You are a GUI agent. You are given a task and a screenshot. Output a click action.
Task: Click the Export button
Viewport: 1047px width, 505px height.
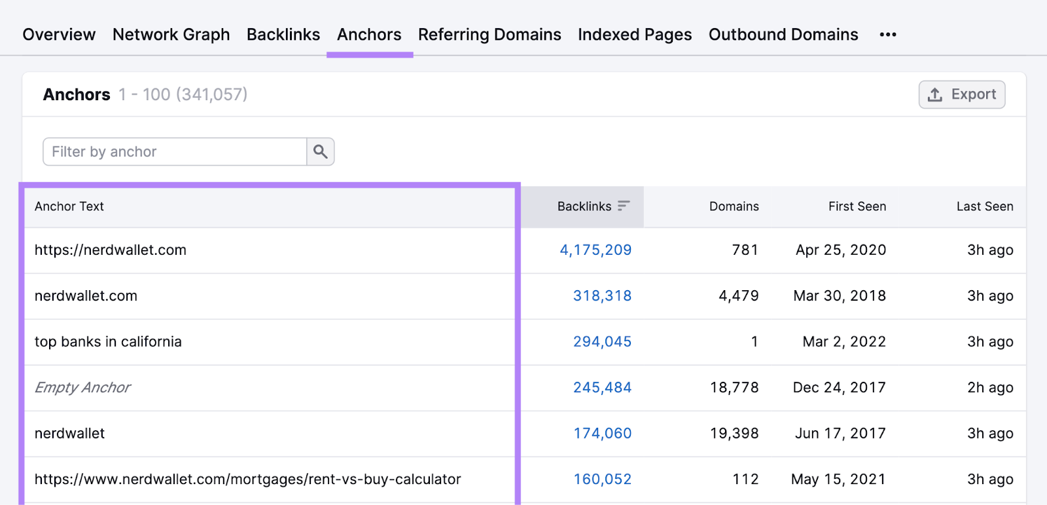tap(961, 94)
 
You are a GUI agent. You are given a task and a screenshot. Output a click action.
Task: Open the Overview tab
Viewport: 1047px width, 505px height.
tap(59, 35)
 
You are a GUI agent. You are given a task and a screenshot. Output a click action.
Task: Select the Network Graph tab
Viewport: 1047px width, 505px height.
tap(171, 35)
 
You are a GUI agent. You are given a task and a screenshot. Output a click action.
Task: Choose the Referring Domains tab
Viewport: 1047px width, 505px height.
tap(489, 35)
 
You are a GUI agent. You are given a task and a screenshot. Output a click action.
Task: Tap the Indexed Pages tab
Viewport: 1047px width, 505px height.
tap(634, 35)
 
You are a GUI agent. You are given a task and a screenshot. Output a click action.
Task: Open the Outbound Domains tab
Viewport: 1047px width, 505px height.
tap(783, 35)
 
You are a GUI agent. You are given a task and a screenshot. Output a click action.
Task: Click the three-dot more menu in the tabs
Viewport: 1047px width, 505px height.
tap(887, 35)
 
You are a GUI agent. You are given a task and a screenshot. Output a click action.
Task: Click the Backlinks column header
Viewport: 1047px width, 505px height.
tap(584, 206)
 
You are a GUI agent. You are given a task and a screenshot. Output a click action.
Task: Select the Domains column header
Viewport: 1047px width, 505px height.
tap(734, 206)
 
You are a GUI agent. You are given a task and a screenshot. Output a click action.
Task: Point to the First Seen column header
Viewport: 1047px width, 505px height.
tap(857, 206)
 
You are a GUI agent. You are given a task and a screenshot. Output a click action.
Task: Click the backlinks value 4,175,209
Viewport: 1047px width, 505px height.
tap(595, 250)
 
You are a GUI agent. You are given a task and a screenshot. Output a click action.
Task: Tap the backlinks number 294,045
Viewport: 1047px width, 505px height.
tap(602, 342)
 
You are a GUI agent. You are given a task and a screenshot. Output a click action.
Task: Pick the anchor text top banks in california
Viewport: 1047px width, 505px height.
tap(108, 342)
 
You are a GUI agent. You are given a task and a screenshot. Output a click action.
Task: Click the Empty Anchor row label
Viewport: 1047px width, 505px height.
tap(82, 388)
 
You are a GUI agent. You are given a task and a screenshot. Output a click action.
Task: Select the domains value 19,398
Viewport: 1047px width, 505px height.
tap(734, 434)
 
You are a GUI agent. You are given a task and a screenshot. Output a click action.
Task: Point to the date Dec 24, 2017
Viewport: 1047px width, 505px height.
tap(839, 388)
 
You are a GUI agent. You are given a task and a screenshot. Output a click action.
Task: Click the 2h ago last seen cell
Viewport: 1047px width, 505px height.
tap(989, 388)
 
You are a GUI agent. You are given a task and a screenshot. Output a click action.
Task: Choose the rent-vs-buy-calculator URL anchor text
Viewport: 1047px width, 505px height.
tap(247, 479)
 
